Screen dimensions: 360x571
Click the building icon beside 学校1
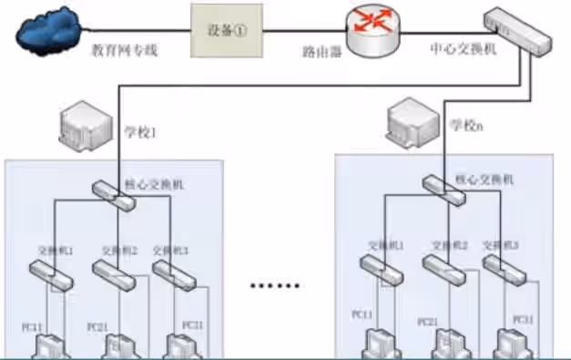(x=83, y=128)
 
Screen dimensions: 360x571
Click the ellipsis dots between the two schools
(x=275, y=284)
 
